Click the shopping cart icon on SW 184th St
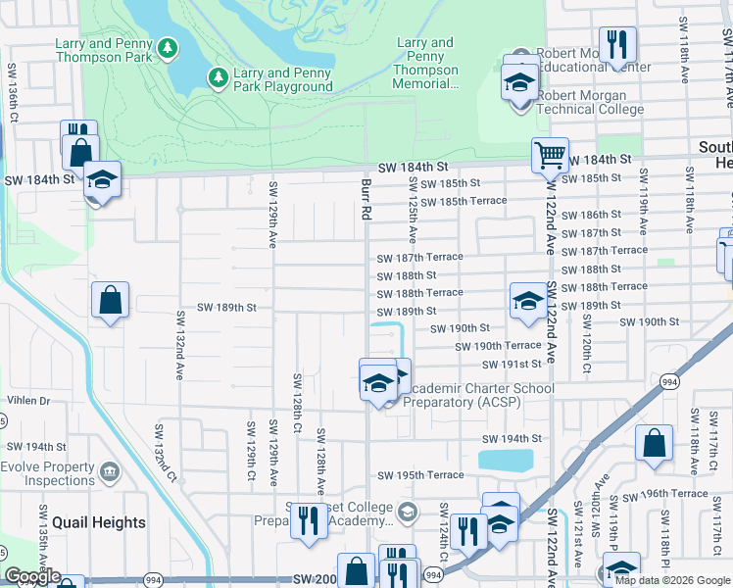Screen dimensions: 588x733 point(550,155)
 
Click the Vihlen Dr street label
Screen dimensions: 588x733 point(28,401)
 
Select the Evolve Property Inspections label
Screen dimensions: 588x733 point(48,473)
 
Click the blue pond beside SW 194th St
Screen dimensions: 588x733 point(506,460)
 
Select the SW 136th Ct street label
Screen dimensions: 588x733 point(14,96)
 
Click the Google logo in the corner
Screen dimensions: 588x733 point(32,577)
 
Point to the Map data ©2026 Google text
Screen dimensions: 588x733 point(671,580)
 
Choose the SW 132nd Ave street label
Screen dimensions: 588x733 point(180,346)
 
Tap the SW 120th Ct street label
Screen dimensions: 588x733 point(585,337)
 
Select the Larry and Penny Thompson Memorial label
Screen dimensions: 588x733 point(425,64)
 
